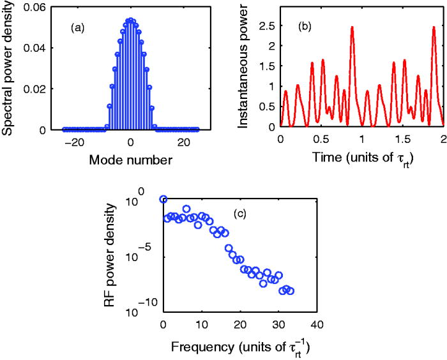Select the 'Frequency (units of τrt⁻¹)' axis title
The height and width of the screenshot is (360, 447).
pyautogui.click(x=246, y=349)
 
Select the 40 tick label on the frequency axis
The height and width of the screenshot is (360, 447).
pyautogui.click(x=317, y=324)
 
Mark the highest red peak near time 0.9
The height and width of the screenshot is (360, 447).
pyautogui.click(x=352, y=28)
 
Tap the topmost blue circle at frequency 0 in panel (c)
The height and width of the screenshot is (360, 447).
pyautogui.click(x=163, y=199)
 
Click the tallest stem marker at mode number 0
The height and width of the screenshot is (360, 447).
pyautogui.click(x=130, y=20)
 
